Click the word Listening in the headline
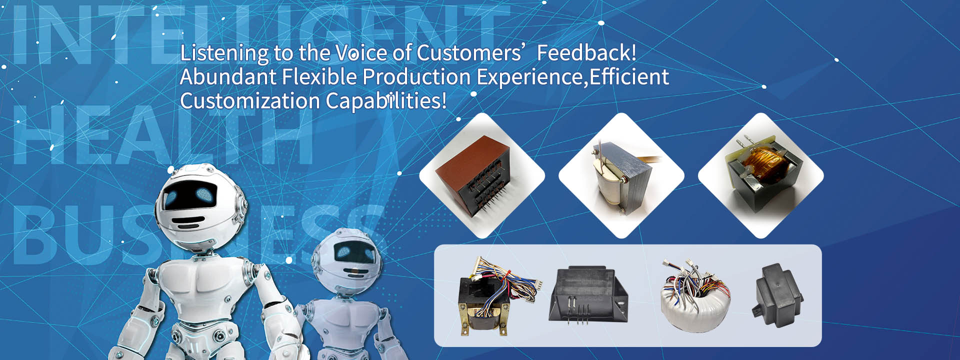tap(224, 53)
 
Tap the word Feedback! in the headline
tap(586, 52)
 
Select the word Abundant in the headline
tap(228, 76)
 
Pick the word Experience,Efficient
tap(572, 77)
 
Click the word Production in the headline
tap(416, 76)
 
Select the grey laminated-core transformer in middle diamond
tap(622, 177)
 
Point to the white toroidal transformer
tap(695, 295)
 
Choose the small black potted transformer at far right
tap(777, 295)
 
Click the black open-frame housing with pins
tap(589, 295)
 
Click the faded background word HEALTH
tap(163, 135)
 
